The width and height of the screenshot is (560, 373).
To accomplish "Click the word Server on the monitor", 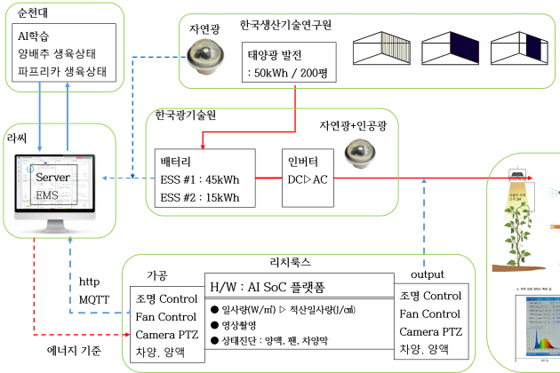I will point(52,178).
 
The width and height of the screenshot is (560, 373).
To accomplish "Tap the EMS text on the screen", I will point(47,194).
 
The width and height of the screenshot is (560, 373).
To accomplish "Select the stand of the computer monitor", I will point(55,226).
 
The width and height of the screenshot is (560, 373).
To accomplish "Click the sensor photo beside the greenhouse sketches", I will point(206,57).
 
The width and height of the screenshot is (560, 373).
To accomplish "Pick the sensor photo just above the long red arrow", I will point(361,154).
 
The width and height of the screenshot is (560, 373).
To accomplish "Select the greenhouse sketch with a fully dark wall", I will point(450,48).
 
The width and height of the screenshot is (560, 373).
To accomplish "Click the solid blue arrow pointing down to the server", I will point(40,115).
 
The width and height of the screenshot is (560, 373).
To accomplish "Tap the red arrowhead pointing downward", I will point(203,146).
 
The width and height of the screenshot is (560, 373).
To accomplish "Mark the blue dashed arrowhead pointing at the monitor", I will point(105,178).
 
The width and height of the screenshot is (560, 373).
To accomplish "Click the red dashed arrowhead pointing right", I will point(127,334).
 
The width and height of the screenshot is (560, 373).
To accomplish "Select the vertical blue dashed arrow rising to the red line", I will point(424,222).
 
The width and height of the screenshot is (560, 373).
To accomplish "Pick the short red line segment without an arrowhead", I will point(268,178).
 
